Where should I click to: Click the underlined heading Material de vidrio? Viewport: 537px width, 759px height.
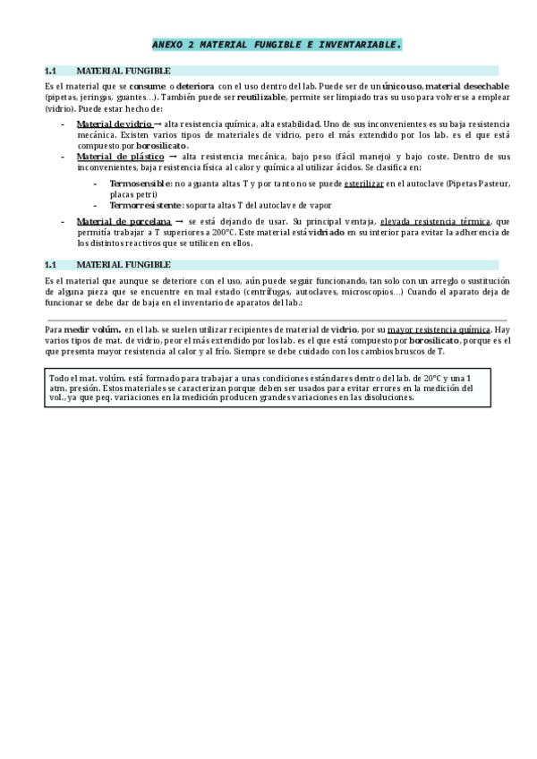tap(115, 123)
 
